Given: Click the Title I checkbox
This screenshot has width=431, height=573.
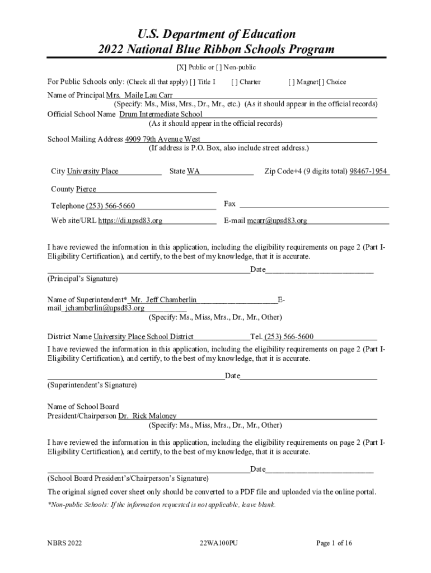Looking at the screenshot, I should [193, 82].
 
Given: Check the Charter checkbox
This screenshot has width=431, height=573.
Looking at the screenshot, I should [233, 82].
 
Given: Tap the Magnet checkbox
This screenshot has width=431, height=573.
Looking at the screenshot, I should [291, 82].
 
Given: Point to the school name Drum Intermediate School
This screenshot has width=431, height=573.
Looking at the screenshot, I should [161, 114].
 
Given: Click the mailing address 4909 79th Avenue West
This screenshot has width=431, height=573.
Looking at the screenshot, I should [163, 139].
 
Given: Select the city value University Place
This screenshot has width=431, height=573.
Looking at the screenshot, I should [92, 171].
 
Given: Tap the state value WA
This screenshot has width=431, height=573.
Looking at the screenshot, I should [193, 171].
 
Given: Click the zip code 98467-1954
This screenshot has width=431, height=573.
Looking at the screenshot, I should [368, 171].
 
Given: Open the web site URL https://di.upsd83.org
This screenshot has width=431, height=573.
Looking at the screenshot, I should [130, 220].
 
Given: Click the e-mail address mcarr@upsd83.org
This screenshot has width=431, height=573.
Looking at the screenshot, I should [277, 220].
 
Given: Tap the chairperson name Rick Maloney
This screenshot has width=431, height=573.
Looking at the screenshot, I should [154, 416].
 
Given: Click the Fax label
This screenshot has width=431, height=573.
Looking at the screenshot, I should [229, 204].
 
